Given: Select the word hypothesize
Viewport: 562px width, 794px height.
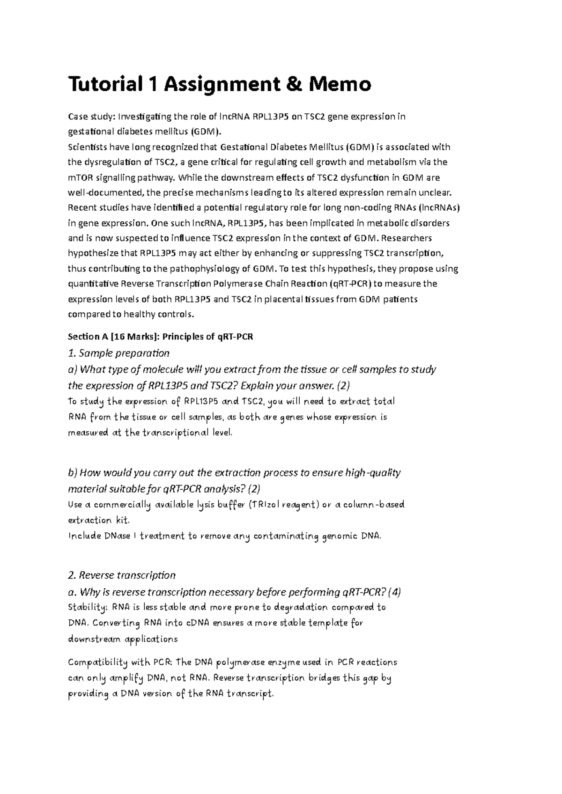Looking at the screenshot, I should (93, 253).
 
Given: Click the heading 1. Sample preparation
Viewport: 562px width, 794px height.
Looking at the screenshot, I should (118, 353).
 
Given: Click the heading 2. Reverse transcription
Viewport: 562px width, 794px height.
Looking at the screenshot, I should (122, 575).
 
